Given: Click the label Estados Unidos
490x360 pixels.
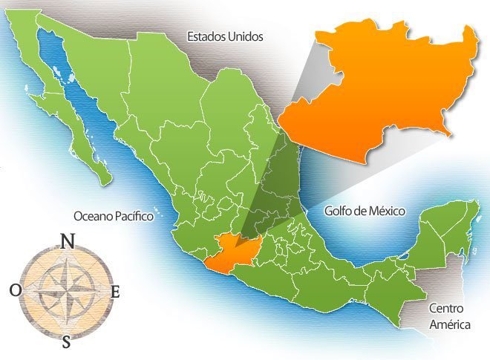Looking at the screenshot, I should coord(225,36).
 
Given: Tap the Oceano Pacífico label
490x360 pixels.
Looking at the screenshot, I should coord(113,216).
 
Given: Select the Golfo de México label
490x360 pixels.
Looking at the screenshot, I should coord(365,212).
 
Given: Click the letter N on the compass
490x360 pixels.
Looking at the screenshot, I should coord(68,241).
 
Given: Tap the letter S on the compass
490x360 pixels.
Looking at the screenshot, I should coord(66,342).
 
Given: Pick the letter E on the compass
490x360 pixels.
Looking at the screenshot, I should coord(115,292).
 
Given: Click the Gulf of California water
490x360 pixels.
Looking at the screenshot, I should coord(74,96).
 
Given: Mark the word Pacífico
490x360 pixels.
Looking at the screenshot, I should coord(132,216).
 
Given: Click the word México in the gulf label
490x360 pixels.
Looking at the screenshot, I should coord(387,212).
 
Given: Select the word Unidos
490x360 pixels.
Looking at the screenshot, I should coord(246,36).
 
